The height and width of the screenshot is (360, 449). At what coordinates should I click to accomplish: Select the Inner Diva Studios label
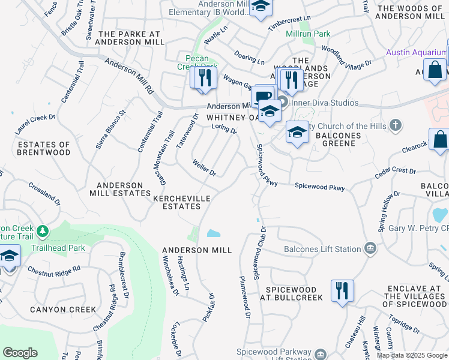click(x=324, y=103)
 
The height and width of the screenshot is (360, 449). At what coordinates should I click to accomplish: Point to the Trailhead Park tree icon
click(x=42, y=231)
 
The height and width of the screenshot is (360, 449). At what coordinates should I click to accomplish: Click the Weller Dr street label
click(x=204, y=167)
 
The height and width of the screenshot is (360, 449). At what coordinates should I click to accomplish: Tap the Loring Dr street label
click(x=225, y=128)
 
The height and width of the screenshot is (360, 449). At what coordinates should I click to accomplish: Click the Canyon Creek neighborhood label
click(x=65, y=310)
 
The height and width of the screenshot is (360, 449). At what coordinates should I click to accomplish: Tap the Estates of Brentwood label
click(x=44, y=149)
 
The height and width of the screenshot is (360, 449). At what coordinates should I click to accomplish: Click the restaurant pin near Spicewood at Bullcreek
click(x=342, y=291)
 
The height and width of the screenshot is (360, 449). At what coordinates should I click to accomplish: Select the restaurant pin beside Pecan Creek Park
click(x=204, y=77)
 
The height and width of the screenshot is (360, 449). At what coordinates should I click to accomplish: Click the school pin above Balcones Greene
click(x=297, y=133)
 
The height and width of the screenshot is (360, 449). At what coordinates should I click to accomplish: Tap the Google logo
click(x=20, y=353)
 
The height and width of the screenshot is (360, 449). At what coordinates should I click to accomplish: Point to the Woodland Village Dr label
click(x=346, y=54)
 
